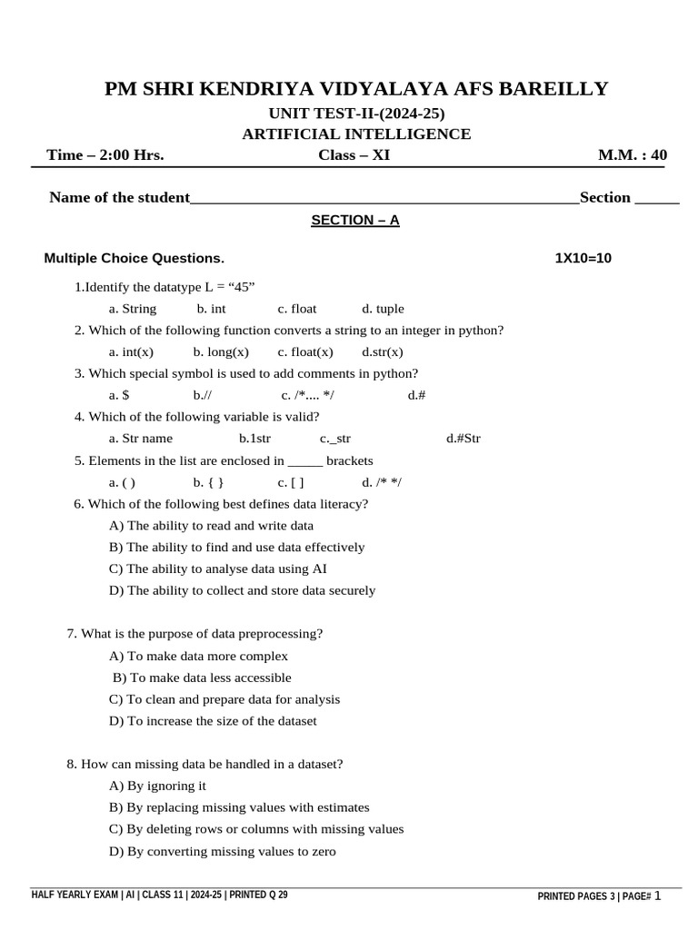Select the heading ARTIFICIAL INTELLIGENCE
pyautogui.click(x=356, y=134)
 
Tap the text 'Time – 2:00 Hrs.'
pyautogui.click(x=105, y=155)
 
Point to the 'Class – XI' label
pyautogui.click(x=354, y=155)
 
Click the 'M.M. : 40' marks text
pyautogui.click(x=632, y=155)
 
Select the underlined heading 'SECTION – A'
pyautogui.click(x=355, y=221)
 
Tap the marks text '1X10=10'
pyautogui.click(x=583, y=259)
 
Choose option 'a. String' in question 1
pyautogui.click(x=133, y=309)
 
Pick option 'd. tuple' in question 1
pyautogui.click(x=383, y=309)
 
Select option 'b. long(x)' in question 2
pyautogui.click(x=221, y=352)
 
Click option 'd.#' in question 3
pyautogui.click(x=417, y=395)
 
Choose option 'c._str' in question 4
pyautogui.click(x=335, y=439)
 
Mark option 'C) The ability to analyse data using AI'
pyautogui.click(x=217, y=569)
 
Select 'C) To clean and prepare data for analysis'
pyautogui.click(x=224, y=699)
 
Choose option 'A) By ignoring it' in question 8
pyautogui.click(x=157, y=787)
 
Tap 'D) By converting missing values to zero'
pyautogui.click(x=222, y=852)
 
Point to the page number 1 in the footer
pyautogui.click(x=658, y=896)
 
